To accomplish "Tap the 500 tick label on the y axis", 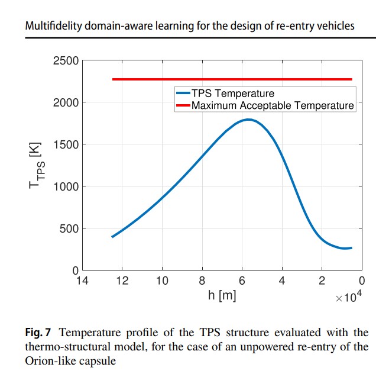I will point(69,229).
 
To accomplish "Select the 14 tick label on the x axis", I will point(83,281).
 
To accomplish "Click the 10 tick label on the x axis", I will point(162,281).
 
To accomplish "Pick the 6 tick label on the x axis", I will point(242,281).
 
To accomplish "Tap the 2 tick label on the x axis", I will point(322,281).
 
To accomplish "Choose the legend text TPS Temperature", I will point(232,94).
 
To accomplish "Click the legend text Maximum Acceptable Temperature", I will point(272,106).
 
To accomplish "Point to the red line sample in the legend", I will point(182,106).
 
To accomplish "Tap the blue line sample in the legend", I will point(182,94).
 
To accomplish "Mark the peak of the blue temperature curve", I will point(249,120).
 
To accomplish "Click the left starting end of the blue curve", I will point(112,237).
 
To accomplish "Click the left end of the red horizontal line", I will point(113,79).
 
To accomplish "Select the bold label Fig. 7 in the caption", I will point(38,332).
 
